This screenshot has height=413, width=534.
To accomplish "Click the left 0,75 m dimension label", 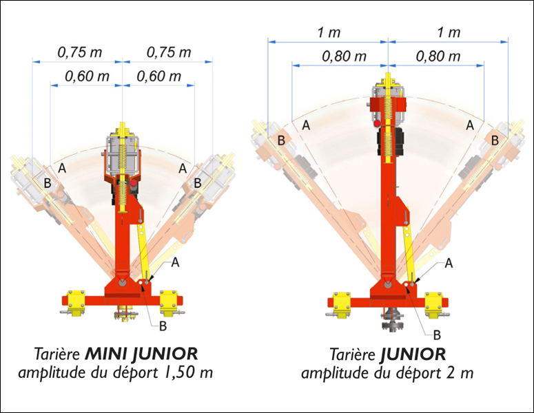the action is [x=80, y=52].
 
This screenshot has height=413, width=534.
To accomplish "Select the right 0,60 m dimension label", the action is [x=158, y=76].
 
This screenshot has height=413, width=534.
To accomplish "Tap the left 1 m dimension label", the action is [x=329, y=32].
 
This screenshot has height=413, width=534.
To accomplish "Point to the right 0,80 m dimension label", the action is [x=438, y=56].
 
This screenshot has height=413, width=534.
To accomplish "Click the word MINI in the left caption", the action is [x=106, y=354].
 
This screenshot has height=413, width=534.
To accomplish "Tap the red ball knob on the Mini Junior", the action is [x=133, y=184].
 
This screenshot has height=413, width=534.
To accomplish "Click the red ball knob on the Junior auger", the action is [x=377, y=123].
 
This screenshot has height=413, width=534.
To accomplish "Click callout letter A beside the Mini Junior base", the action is [x=175, y=262].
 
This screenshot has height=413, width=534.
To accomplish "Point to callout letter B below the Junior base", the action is [x=437, y=335].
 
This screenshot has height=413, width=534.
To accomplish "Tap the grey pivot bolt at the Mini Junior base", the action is [x=122, y=282].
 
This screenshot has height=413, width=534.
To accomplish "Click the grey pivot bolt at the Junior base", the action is [x=387, y=284].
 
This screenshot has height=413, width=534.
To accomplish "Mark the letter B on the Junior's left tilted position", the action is [x=281, y=140].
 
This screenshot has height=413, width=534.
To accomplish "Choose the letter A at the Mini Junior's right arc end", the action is [x=183, y=168].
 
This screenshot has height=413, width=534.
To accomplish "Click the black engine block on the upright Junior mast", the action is [x=390, y=142].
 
